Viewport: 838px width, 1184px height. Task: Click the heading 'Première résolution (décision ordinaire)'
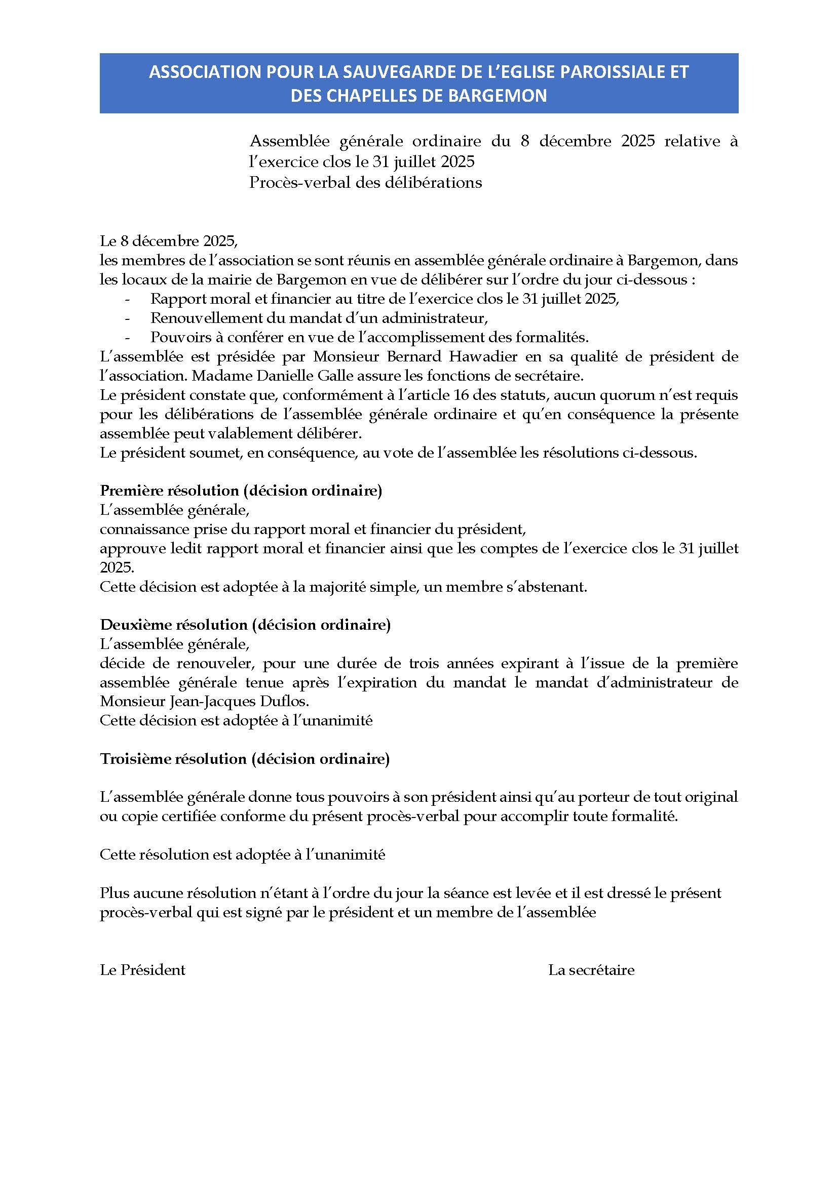(241, 491)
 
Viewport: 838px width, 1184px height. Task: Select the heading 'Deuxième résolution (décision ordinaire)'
(245, 625)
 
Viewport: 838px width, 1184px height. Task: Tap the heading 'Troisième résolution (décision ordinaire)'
(245, 759)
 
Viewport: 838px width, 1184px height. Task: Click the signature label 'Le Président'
(142, 970)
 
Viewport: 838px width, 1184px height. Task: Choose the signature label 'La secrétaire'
(591, 970)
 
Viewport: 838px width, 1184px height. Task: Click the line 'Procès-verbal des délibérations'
(365, 183)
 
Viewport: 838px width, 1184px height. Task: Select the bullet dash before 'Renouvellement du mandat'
(127, 319)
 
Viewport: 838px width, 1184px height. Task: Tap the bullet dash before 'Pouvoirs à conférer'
(127, 338)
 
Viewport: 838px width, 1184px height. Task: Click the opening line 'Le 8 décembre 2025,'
(169, 241)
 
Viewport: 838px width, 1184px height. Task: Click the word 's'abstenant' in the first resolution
(554, 587)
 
